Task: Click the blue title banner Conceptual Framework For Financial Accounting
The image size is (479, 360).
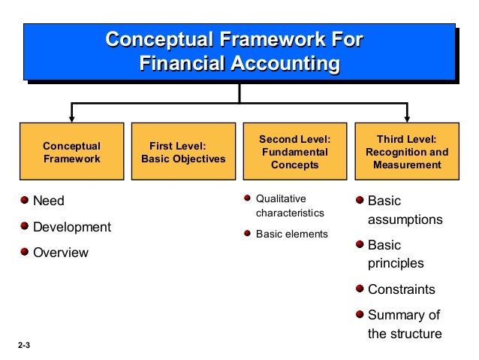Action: pyautogui.click(x=238, y=51)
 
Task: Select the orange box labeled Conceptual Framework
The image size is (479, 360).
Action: pyautogui.click(x=71, y=153)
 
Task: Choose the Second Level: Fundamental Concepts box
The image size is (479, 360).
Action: pyautogui.click(x=294, y=153)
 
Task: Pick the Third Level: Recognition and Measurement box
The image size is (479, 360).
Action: pyautogui.click(x=407, y=153)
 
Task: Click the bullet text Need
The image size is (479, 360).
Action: pyautogui.click(x=49, y=201)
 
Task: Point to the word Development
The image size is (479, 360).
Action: pyautogui.click(x=71, y=227)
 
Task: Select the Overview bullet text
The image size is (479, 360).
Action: pyautogui.click(x=60, y=253)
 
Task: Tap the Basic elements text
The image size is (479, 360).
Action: pyautogui.click(x=292, y=234)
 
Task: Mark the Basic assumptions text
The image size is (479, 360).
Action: pyautogui.click(x=404, y=210)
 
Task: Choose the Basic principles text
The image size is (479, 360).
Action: pyautogui.click(x=395, y=254)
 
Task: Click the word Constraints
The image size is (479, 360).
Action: pyautogui.click(x=401, y=289)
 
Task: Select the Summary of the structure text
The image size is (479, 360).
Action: pyautogui.click(x=404, y=324)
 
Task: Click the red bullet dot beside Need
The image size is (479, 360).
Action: pyautogui.click(x=26, y=200)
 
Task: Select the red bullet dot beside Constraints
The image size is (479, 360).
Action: pyautogui.click(x=360, y=289)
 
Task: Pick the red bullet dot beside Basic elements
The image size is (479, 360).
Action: pyautogui.click(x=248, y=233)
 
